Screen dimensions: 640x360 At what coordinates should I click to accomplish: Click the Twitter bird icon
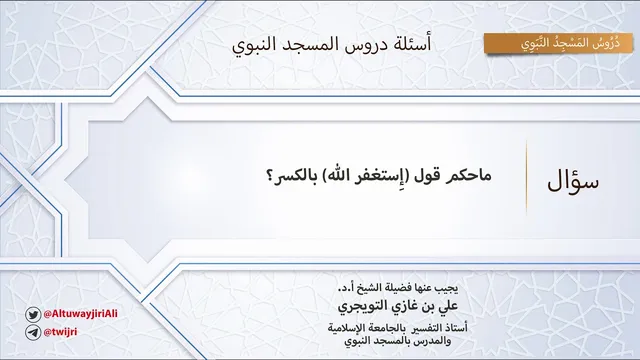33,315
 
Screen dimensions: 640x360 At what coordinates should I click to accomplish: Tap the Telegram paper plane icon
33,332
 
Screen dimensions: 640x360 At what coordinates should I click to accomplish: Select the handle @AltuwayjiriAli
80,313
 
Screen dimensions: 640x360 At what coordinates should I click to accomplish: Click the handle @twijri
60,332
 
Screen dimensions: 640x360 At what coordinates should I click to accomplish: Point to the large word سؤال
573,181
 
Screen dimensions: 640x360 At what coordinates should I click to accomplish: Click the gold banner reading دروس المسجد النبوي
558,43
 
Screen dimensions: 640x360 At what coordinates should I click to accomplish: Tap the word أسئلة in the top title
412,44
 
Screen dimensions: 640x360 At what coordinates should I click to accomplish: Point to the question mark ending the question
269,177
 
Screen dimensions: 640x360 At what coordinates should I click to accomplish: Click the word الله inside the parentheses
337,176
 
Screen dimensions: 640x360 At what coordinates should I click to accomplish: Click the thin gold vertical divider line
526,178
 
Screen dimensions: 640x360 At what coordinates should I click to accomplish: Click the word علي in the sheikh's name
448,306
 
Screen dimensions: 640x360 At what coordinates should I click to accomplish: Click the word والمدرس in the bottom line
434,340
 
